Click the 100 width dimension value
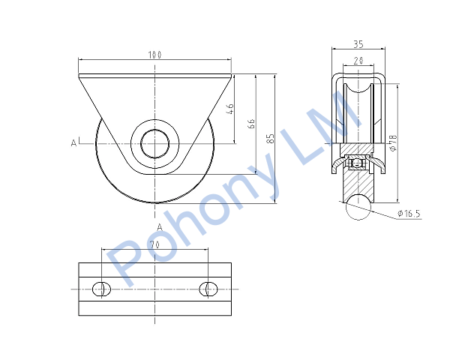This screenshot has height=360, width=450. tap(154, 55)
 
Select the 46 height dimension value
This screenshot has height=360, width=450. tap(230, 109)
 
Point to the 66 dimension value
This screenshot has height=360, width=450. tap(251, 123)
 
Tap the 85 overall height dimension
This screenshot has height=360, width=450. tap(270, 138)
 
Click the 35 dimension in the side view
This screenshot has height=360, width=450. tap(358, 44)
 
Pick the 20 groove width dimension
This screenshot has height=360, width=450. tap(358, 61)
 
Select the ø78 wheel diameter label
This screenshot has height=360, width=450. tap(393, 142)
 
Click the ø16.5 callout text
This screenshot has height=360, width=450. tap(409, 213)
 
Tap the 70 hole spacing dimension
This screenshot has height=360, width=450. tap(155, 244)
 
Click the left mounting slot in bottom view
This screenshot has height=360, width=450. tap(101, 289)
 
